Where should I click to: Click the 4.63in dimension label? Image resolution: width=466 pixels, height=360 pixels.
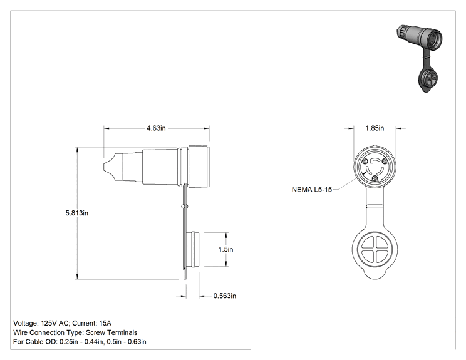coord(156,128)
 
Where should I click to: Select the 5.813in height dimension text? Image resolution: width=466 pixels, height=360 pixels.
coord(76,213)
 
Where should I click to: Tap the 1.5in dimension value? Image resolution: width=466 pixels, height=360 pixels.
coord(226,249)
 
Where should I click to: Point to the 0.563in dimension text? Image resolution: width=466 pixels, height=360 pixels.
coord(225,296)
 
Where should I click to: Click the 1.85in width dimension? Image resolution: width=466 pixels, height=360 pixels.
coord(375,128)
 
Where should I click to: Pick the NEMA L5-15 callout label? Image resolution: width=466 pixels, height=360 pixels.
coord(312,190)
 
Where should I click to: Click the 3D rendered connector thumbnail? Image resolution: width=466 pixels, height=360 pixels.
coord(420,58)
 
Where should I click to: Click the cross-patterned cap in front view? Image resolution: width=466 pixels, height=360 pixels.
coord(375,250)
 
